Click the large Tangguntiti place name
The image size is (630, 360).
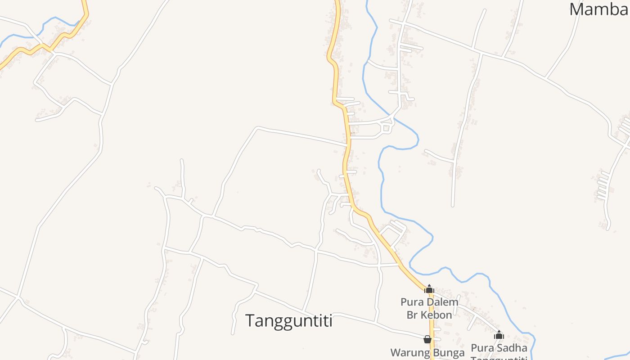[x=288, y=321]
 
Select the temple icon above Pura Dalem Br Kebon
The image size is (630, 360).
[x=429, y=289]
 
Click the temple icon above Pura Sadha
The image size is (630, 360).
[x=499, y=335]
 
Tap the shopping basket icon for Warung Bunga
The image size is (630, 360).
[x=427, y=339]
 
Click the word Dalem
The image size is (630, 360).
[x=443, y=302]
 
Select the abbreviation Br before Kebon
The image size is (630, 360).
[x=413, y=315]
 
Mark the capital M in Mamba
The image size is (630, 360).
[x=578, y=9]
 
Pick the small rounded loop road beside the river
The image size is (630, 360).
[x=386, y=129]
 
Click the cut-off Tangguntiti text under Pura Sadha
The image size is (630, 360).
[x=499, y=358]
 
